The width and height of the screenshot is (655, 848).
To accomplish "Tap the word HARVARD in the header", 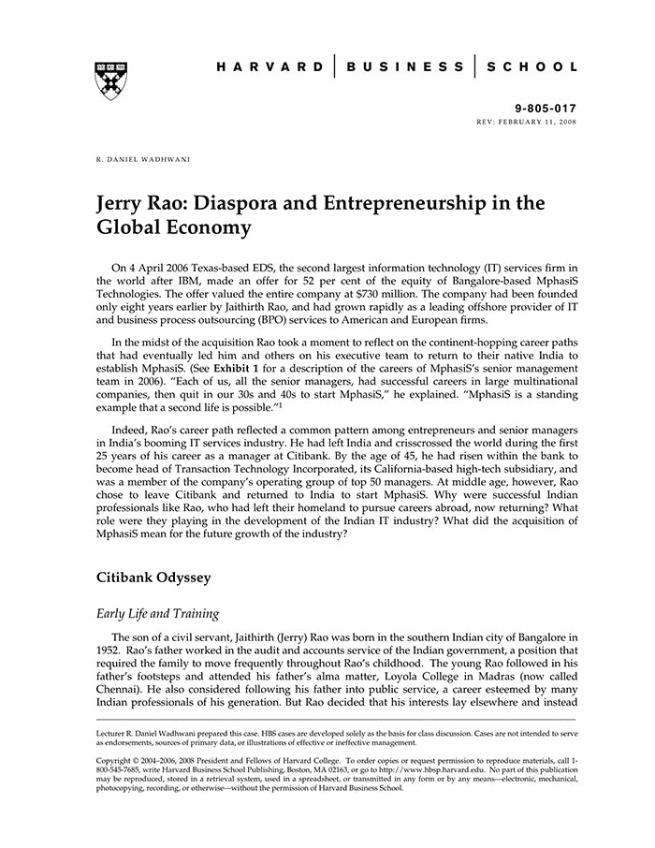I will tap(270, 67).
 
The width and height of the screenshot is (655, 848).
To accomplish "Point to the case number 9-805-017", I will tap(547, 109).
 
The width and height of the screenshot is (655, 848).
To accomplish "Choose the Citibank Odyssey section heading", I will tap(153, 578).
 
